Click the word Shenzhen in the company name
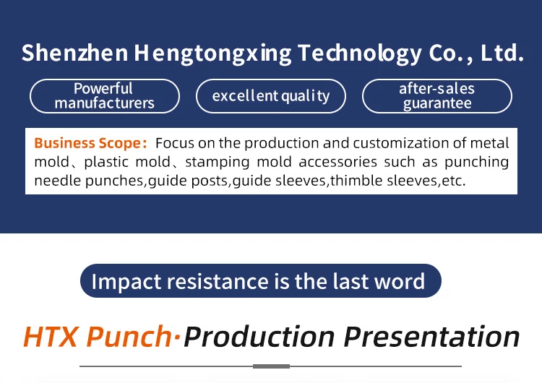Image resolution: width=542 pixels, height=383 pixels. pos(74,53)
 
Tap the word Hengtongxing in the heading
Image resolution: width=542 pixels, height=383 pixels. pos(212,54)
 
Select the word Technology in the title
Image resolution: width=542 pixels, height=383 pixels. pos(359,54)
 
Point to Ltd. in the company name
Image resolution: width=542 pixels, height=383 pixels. pos(502,53)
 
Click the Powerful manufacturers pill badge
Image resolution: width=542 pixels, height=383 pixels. pos(105,96)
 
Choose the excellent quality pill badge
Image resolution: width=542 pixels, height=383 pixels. pos(271,96)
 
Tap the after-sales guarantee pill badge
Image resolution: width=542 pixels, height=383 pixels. pos(437,96)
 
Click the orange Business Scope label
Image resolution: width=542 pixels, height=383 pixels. pos(90,143)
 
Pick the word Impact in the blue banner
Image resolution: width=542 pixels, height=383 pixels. pos(126,282)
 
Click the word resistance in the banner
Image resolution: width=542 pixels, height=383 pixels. pos(218,281)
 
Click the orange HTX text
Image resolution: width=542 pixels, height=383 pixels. pos(51,336)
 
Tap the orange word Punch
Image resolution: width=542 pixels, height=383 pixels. pos(129,337)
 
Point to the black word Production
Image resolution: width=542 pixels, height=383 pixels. pos(259,336)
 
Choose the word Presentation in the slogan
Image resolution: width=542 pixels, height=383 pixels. pos(431,336)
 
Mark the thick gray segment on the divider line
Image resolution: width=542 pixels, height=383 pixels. pos(271,366)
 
